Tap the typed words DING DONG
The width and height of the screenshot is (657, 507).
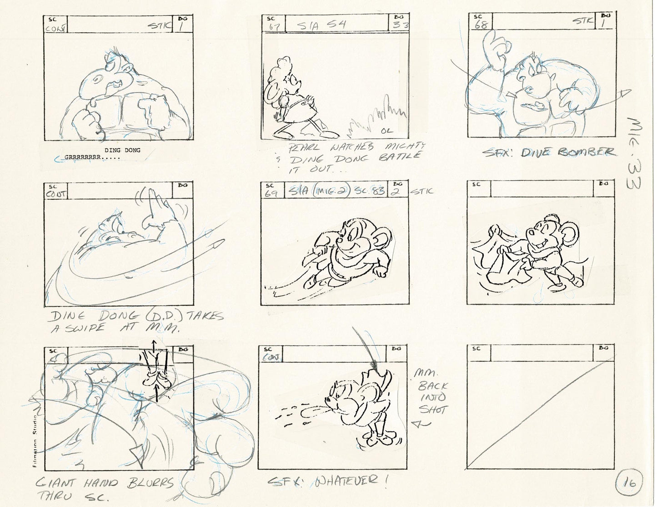122,150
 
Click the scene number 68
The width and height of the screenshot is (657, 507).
481,24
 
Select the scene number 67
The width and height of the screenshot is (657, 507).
274,27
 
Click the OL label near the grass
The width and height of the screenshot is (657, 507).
386,132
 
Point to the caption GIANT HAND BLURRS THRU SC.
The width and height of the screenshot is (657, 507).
105,488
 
